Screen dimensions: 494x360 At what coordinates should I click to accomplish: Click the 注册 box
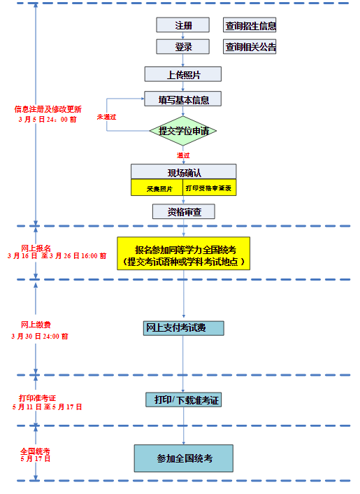(182, 25)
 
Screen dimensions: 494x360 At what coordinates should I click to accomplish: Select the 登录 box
(182, 47)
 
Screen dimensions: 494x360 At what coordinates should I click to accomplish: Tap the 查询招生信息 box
(250, 26)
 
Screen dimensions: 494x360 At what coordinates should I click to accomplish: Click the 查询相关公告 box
(250, 47)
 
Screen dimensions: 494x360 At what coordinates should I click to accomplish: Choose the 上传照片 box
(182, 74)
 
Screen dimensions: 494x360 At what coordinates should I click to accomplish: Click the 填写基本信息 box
(183, 99)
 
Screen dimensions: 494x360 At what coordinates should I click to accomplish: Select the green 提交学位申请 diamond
(183, 131)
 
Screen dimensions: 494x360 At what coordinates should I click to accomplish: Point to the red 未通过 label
(106, 116)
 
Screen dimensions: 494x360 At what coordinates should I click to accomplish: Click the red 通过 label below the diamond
(183, 155)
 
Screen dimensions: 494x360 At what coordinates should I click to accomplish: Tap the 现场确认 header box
(183, 172)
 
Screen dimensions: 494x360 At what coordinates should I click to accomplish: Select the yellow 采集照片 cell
(157, 188)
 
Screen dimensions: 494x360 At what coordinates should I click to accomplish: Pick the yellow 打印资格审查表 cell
(209, 188)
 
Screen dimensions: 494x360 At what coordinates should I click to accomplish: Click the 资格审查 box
(183, 211)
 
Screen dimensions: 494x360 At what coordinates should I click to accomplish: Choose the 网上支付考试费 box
(183, 328)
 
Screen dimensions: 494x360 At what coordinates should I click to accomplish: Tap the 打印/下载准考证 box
(183, 400)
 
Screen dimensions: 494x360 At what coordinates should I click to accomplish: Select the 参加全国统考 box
(183, 458)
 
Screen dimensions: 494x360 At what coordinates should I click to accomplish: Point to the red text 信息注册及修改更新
(48, 109)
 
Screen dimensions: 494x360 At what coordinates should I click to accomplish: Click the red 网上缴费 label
(36, 325)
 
